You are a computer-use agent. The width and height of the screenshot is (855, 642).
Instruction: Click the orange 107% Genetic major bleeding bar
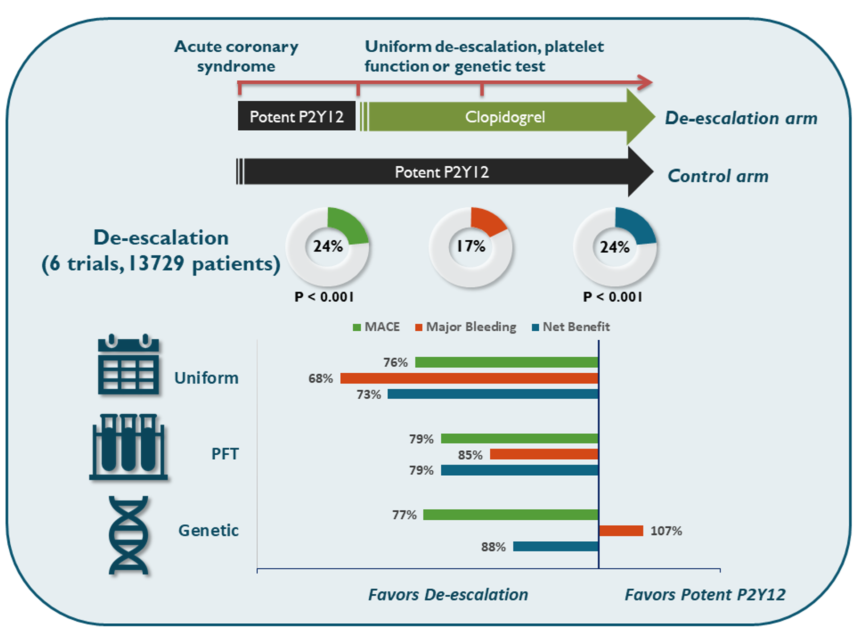point(621,531)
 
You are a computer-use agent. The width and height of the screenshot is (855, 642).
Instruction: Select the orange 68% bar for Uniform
point(469,378)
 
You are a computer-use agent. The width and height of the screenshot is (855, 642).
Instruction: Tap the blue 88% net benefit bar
point(555,546)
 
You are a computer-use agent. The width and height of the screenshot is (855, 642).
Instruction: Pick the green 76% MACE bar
point(506,362)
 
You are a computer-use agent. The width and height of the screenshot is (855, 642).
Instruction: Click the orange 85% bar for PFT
point(544,454)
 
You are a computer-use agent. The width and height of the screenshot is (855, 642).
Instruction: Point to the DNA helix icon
point(128,535)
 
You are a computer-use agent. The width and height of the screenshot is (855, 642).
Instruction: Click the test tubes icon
point(128,447)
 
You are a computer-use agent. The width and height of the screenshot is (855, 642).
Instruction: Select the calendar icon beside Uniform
point(128,365)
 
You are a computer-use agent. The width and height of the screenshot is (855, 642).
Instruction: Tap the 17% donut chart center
point(471,246)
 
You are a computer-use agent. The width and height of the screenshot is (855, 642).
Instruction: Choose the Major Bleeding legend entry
point(466,327)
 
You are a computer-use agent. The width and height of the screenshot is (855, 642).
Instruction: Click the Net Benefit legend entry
point(571,327)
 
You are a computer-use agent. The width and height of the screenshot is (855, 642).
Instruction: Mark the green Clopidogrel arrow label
point(505,117)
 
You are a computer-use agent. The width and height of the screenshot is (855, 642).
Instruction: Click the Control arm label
point(718,176)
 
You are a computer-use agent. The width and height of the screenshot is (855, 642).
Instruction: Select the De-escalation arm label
point(741,118)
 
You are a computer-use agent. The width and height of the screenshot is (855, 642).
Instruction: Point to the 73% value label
point(369,395)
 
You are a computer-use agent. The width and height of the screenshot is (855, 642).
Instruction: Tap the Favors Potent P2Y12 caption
point(705,595)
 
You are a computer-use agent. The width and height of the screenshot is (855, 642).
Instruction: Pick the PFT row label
point(225,454)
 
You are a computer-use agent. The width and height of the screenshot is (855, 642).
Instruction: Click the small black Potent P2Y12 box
point(297,116)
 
